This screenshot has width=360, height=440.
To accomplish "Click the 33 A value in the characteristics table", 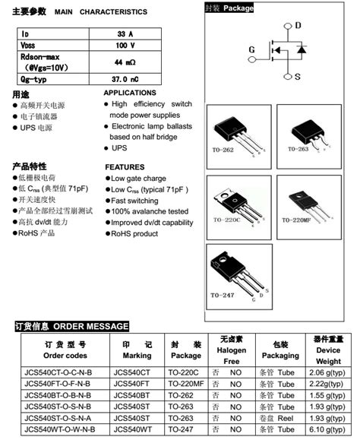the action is click(x=125, y=34).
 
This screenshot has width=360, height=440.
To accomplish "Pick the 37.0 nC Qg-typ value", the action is click(x=125, y=79).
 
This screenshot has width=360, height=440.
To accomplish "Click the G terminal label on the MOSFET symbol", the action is click(x=251, y=50).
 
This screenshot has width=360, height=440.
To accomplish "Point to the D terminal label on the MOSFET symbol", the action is click(x=298, y=26).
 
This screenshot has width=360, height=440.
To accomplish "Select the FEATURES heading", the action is click(x=125, y=167).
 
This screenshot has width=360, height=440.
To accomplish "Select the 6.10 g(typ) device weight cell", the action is click(x=327, y=430).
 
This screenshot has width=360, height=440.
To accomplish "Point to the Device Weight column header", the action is click(x=328, y=350).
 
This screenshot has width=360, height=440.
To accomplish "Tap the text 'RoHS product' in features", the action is click(x=134, y=234).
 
